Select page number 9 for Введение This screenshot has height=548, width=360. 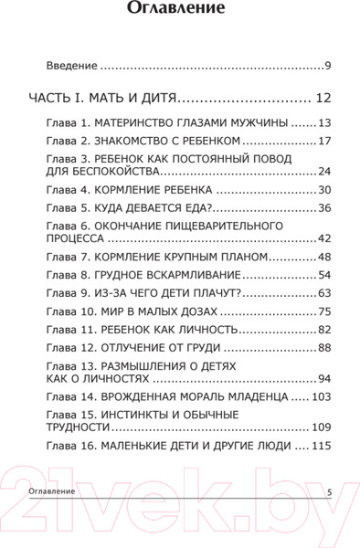327,66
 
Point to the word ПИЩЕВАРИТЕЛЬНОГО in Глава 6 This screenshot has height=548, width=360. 198,225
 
